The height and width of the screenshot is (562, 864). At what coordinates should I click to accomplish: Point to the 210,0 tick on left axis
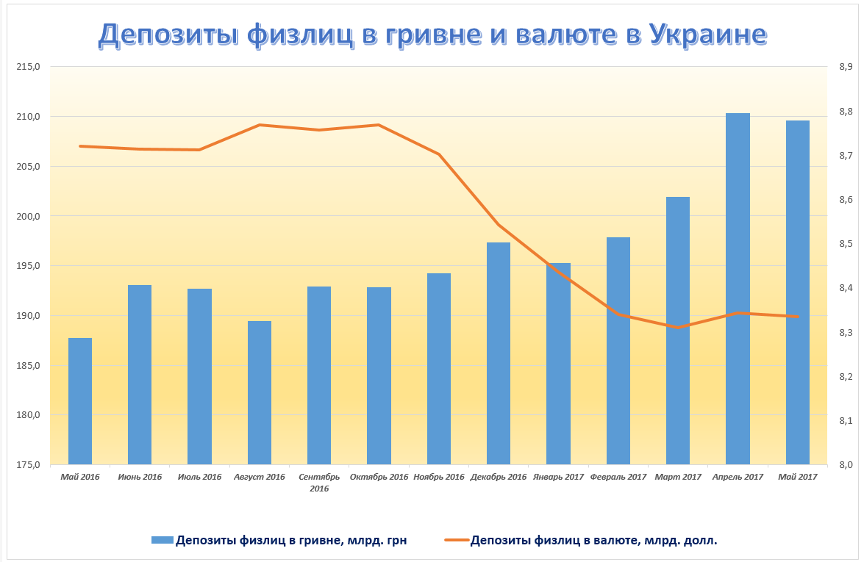[x=29, y=117]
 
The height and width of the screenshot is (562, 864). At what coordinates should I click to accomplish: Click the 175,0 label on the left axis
[x=29, y=465]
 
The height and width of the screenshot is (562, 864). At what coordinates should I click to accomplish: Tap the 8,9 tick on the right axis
[x=845, y=67]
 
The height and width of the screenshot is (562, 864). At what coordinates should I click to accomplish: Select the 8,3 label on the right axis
[x=845, y=333]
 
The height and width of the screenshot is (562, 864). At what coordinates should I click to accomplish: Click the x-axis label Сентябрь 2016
[x=319, y=482]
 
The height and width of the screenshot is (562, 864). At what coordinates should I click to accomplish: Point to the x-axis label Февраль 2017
[x=618, y=477]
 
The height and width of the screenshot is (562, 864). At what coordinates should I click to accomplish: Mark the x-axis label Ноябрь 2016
[x=439, y=477]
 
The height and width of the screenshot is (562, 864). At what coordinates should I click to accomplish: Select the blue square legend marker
[x=162, y=541]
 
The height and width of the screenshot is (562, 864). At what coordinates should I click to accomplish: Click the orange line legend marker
[x=456, y=541]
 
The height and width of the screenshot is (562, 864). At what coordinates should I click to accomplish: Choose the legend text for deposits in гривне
[x=291, y=541]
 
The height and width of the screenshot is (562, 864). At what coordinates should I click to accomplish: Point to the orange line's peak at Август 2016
[x=260, y=125]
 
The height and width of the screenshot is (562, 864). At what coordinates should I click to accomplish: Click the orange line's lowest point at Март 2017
[x=678, y=328]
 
